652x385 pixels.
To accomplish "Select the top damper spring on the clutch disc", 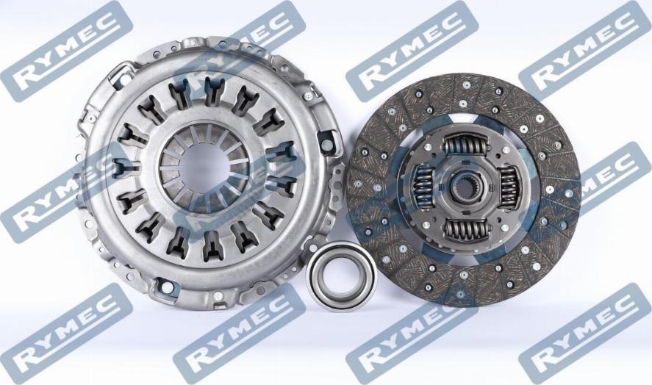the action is pyautogui.click(x=465, y=148).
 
